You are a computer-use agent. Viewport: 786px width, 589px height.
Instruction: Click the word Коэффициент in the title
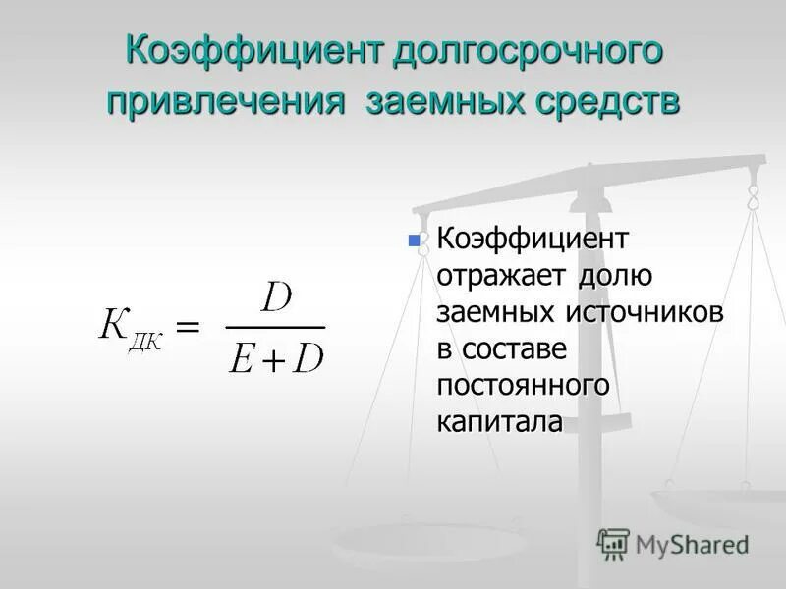pos(254,52)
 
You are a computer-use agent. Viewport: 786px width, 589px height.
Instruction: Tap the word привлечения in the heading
pos(227,102)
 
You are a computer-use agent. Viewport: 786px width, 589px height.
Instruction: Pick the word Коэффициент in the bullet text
pos(533,239)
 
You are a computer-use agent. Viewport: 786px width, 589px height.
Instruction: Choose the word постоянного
pos(525,386)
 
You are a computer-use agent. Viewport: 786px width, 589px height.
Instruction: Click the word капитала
pos(500,422)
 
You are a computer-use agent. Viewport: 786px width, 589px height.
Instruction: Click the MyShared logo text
pos(692,544)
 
